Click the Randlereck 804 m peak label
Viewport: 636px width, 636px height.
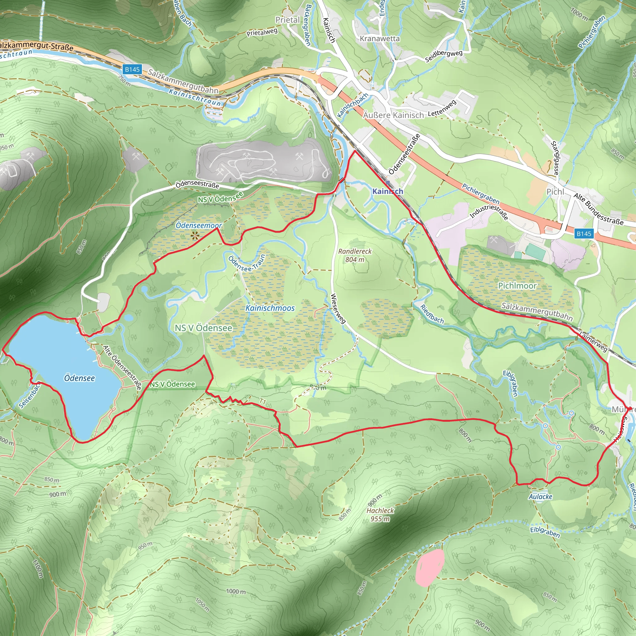coord(355,255)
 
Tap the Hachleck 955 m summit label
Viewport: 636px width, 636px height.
coord(380,515)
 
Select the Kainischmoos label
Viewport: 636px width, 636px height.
coord(270,308)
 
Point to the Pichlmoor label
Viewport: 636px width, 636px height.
coord(517,286)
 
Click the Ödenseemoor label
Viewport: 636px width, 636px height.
coord(198,225)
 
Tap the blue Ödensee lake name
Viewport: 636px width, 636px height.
coord(79,378)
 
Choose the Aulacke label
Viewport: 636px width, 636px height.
coord(540,497)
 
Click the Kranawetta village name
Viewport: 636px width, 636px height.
coord(379,39)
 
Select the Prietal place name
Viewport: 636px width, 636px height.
coord(288,20)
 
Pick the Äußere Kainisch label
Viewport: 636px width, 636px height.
coord(393,115)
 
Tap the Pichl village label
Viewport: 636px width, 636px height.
coord(555,192)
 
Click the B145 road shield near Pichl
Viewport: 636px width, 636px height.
coord(584,234)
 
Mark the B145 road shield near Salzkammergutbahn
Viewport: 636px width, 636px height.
coord(132,70)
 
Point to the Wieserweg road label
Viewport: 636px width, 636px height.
coord(338,308)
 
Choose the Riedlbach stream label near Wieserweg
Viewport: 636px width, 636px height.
coord(432,314)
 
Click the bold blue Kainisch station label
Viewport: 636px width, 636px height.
coord(388,191)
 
